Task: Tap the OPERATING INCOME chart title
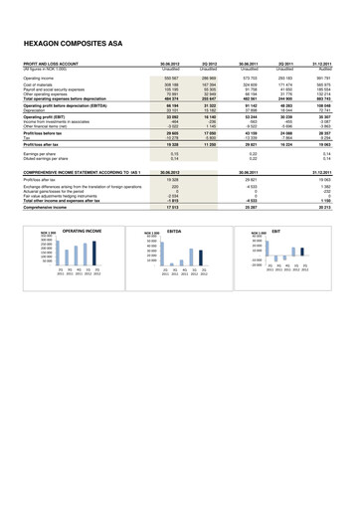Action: (83, 230)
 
